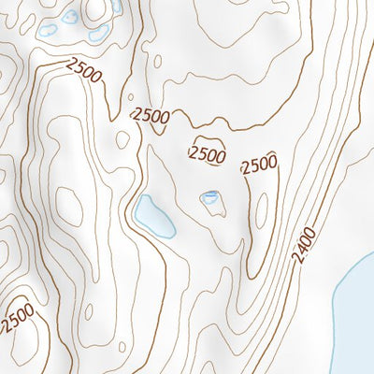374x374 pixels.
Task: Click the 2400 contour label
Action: point(304,245)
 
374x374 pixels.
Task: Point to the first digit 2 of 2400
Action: point(296,257)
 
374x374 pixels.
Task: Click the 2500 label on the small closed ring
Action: point(207,153)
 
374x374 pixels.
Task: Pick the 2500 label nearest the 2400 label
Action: point(259,165)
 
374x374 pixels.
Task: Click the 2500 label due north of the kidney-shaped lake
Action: point(151,116)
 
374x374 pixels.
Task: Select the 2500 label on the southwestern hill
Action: point(18,317)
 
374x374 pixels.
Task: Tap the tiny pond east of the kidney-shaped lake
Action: point(210,196)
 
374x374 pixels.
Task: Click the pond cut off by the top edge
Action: point(116,6)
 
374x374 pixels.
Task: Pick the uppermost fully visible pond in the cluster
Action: point(70,16)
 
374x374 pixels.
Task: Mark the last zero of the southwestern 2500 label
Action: point(31,305)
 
